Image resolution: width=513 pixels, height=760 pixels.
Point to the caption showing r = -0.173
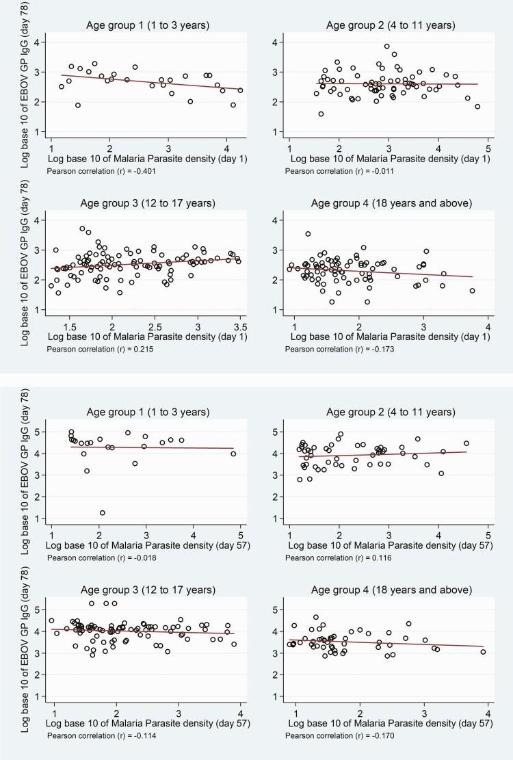click(x=332, y=349)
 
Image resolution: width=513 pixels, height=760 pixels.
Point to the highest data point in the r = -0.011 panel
click(x=386, y=47)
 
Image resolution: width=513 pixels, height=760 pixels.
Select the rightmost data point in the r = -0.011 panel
click(x=477, y=107)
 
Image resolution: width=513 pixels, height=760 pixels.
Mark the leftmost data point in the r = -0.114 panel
click(x=51, y=620)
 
